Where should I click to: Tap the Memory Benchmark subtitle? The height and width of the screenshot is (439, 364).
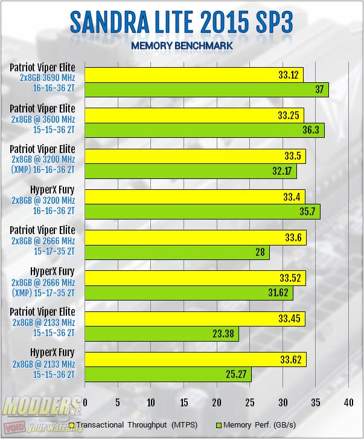pyautogui.click(x=182, y=45)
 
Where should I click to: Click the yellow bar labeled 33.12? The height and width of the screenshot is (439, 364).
pyautogui.click(x=194, y=74)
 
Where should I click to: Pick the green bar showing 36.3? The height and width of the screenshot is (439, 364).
pyautogui.click(x=205, y=131)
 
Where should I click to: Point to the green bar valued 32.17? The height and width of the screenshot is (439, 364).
pyautogui.click(x=191, y=171)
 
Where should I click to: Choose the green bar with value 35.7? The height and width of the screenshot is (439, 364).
pyautogui.click(x=202, y=212)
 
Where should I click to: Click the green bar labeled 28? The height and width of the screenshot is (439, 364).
pyautogui.click(x=177, y=252)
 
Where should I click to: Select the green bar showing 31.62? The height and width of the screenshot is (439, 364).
pyautogui.click(x=189, y=293)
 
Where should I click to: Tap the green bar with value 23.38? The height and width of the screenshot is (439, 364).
pyautogui.click(x=162, y=334)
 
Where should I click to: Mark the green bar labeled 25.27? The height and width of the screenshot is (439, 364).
pyautogui.click(x=168, y=374)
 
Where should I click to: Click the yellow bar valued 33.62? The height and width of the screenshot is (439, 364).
pyautogui.click(x=196, y=359)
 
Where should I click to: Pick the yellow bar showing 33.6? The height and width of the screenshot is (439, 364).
pyautogui.click(x=196, y=237)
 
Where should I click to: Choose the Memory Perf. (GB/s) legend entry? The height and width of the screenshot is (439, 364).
pyautogui.click(x=254, y=424)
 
